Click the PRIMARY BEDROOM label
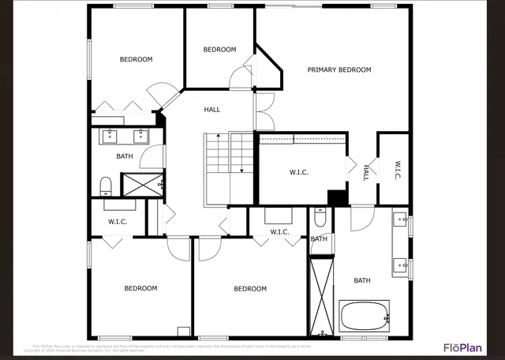339,70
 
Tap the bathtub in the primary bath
364,317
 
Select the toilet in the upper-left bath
106,186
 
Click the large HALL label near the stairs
212,110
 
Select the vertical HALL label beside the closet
366,173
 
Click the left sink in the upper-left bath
110,135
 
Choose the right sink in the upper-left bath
142,135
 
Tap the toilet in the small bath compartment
320,216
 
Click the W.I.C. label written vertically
398,170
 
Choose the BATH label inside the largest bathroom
361,280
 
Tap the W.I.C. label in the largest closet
299,171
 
